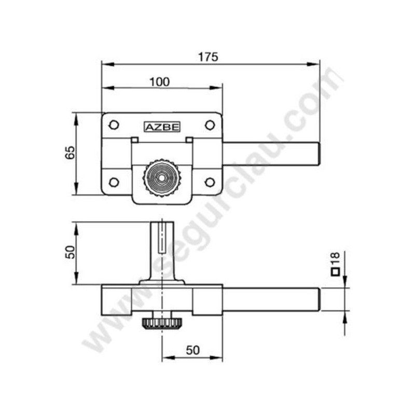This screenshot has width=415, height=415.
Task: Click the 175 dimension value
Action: tap(209, 56)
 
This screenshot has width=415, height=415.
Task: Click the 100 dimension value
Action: tap(159, 81)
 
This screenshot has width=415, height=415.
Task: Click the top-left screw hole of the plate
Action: tap(114, 125)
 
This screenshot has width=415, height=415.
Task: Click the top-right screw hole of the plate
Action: tap(210, 125)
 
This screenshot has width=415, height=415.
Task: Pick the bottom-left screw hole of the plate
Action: tap(114, 182)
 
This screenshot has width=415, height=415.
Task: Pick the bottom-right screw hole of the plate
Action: tap(210, 182)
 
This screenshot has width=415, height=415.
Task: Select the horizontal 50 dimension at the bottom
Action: tap(192, 350)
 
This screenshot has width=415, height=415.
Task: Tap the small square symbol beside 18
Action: tap(335, 271)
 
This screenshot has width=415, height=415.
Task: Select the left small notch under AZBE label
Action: tap(134, 139)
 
